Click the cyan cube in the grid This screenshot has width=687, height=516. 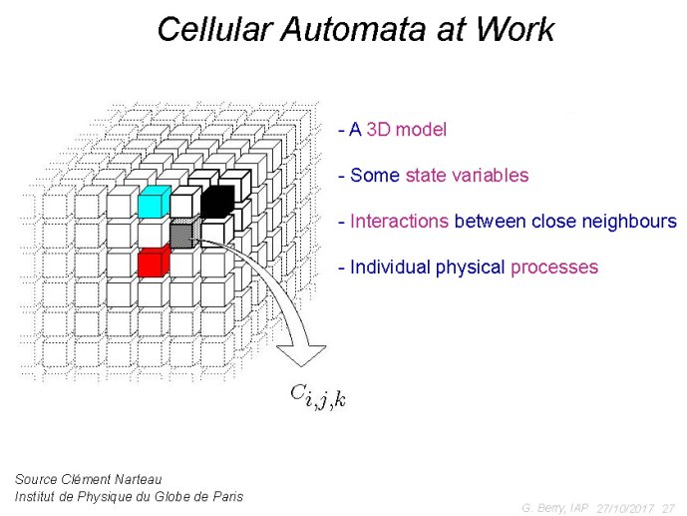click(155, 202)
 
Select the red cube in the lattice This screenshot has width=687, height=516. click(154, 260)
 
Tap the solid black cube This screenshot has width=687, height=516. click(217, 201)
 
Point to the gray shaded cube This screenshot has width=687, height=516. click(184, 233)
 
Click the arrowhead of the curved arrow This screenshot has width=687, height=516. click(302, 355)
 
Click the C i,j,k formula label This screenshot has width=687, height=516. click(318, 395)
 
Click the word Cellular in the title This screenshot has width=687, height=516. click(213, 29)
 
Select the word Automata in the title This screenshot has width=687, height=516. click(353, 29)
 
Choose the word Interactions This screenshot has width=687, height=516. click(399, 221)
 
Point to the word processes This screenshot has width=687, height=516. click(554, 267)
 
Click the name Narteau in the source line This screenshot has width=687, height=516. click(138, 479)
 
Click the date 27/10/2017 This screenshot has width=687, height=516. click(625, 509)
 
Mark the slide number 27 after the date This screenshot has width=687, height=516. click(669, 509)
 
